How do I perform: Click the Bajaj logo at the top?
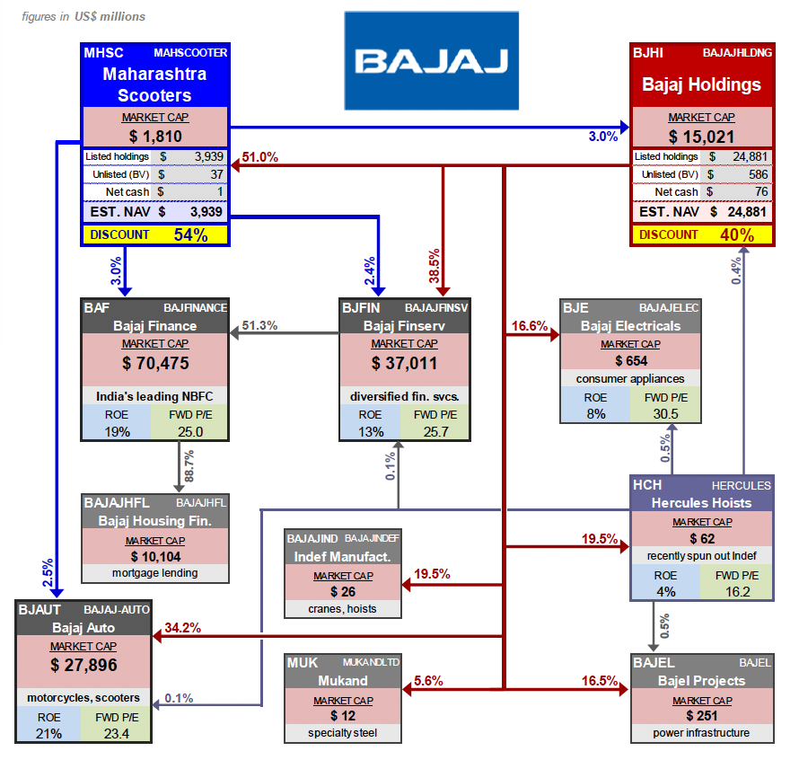[x=431, y=60]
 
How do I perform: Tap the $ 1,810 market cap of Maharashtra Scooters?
[x=156, y=137]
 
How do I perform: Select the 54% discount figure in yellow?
[x=190, y=235]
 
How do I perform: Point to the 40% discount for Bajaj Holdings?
[x=737, y=234]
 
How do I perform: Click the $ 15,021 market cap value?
[x=703, y=137]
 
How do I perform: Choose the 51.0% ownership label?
[x=259, y=157]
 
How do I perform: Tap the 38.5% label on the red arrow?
[x=435, y=265]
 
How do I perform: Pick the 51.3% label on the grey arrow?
[x=259, y=326]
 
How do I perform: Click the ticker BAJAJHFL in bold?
[x=117, y=502]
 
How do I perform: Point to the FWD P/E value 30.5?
[x=665, y=414]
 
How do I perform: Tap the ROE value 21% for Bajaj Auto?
[x=49, y=734]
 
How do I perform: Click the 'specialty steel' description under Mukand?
[x=342, y=733]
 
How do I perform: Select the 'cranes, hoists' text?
[x=342, y=609]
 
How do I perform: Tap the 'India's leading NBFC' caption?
[x=156, y=396]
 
